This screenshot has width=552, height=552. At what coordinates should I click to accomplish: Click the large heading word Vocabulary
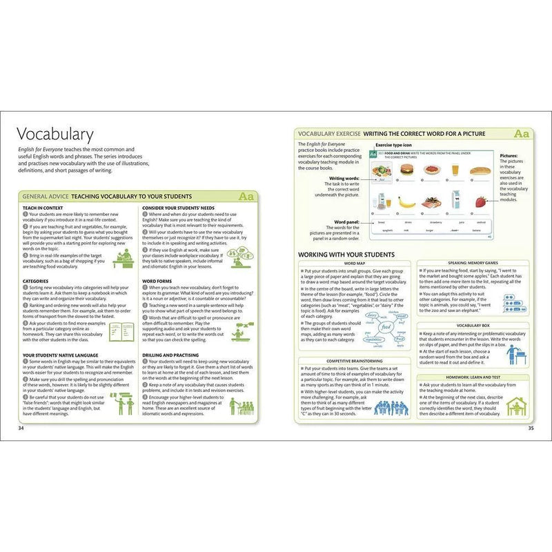point(55,134)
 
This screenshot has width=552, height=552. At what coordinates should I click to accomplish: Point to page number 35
point(531,428)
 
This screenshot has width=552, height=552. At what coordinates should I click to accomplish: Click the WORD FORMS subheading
point(157,281)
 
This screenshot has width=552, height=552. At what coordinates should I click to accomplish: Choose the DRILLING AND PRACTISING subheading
point(177,355)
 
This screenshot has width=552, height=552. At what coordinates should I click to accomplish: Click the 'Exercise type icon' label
point(393,146)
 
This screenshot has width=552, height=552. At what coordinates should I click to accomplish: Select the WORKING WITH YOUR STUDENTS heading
point(346,255)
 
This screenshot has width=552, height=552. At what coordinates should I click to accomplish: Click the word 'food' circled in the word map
point(386,324)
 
